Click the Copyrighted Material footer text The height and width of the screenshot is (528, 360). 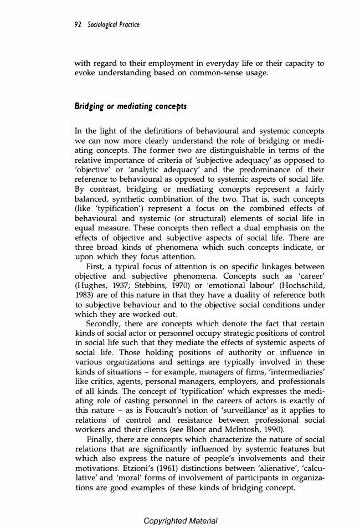[x=180, y=521]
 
